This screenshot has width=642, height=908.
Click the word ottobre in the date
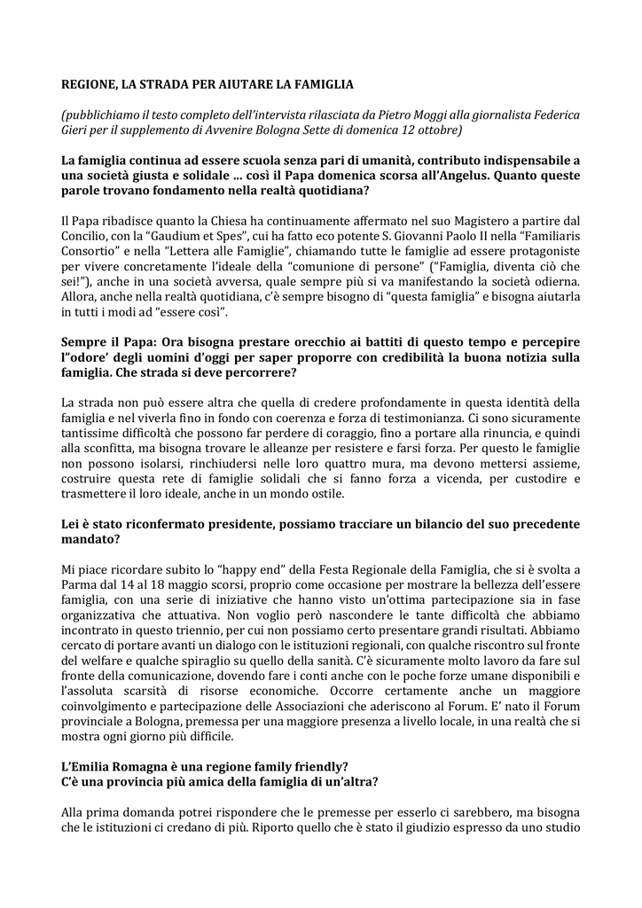[435, 130]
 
